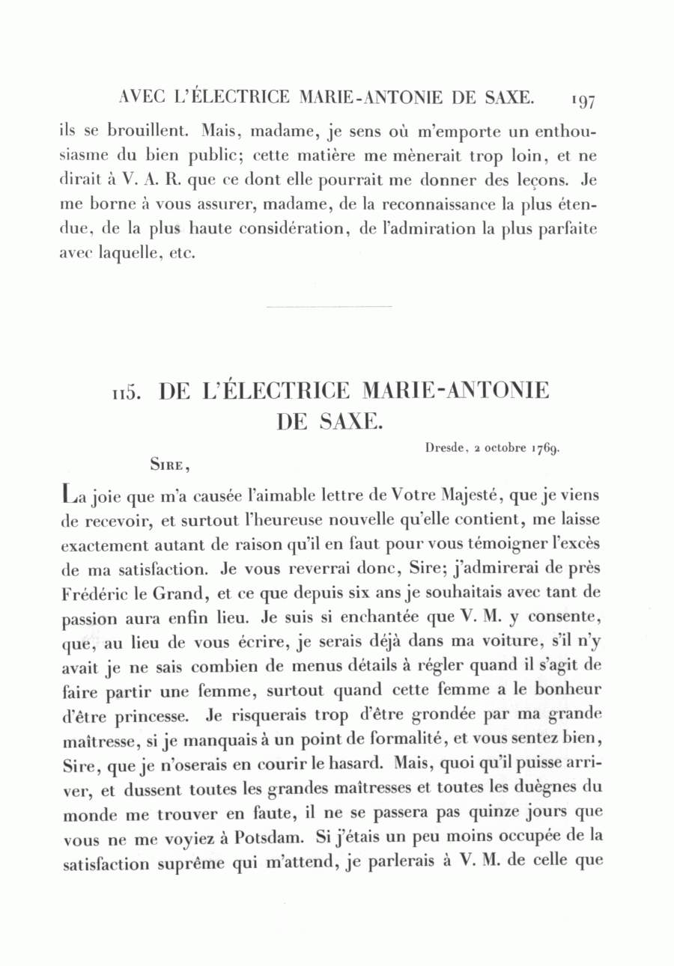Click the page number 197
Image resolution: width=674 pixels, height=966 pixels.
click(x=581, y=100)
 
